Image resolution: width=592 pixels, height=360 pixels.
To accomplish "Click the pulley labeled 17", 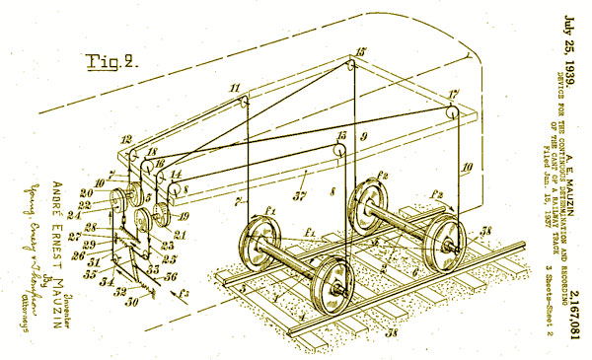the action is tap(455, 110).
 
